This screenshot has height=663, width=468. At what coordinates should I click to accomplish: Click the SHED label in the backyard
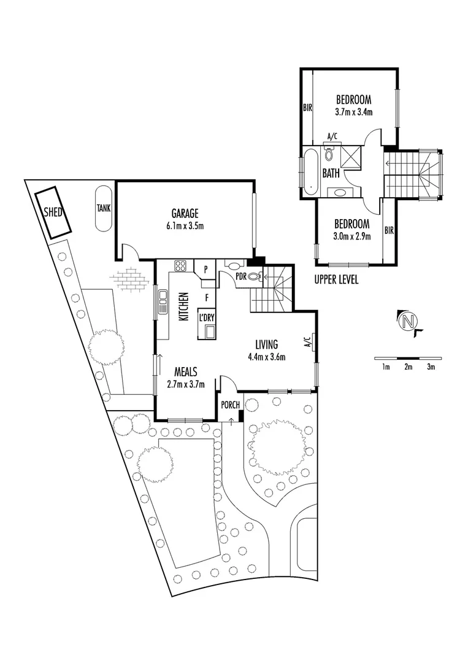click(53, 212)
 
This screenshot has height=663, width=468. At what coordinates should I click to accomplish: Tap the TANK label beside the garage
click(104, 208)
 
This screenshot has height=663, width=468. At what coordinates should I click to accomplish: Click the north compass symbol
click(409, 321)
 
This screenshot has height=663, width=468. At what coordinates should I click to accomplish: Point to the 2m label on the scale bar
click(409, 367)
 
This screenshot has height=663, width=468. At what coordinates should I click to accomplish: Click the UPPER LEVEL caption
click(336, 280)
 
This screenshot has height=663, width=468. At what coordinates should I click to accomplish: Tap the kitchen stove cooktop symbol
click(181, 266)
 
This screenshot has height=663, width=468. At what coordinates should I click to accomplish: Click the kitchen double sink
click(163, 302)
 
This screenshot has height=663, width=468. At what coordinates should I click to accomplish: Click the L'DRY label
click(206, 317)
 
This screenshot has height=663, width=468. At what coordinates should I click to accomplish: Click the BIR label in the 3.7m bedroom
click(307, 107)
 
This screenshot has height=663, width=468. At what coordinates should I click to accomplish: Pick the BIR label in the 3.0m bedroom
click(388, 231)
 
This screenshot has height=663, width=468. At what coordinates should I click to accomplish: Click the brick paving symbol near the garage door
click(130, 278)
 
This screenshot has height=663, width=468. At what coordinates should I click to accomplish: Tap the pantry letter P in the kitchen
click(205, 269)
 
